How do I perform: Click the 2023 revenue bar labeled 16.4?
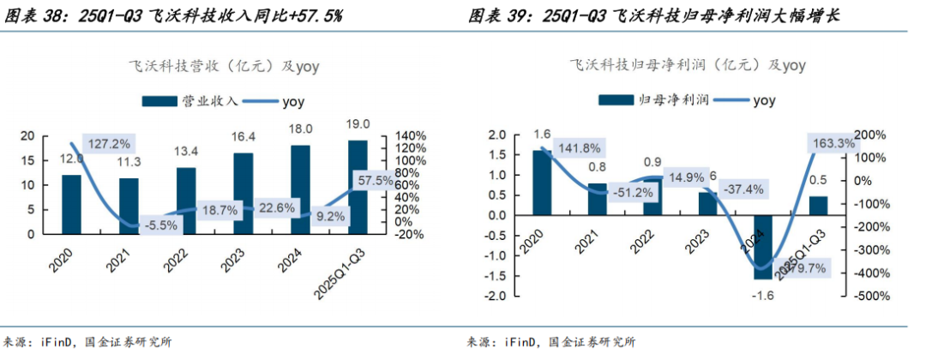pos(244,193)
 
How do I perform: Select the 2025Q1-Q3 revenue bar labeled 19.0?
pos(358,186)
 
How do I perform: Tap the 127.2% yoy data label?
pos(110,143)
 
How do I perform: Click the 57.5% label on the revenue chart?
pos(376,181)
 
